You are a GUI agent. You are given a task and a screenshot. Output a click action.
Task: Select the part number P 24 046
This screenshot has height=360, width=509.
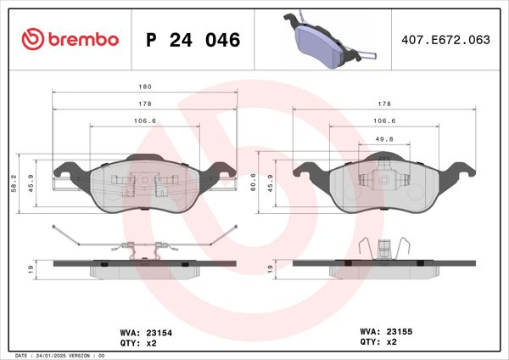193,40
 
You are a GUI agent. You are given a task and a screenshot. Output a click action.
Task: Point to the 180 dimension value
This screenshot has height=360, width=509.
145,87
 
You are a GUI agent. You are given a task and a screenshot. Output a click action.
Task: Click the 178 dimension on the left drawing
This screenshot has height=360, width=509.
145,104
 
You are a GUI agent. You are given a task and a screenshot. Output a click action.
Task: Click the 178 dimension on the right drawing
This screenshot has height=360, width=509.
384,104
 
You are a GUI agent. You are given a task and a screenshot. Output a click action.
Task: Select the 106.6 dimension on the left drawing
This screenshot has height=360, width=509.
145,121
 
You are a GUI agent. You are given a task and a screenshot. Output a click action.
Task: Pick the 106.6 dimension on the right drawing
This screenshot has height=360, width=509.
384,121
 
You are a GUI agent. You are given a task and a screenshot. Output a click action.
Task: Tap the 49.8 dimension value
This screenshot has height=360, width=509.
384,138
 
